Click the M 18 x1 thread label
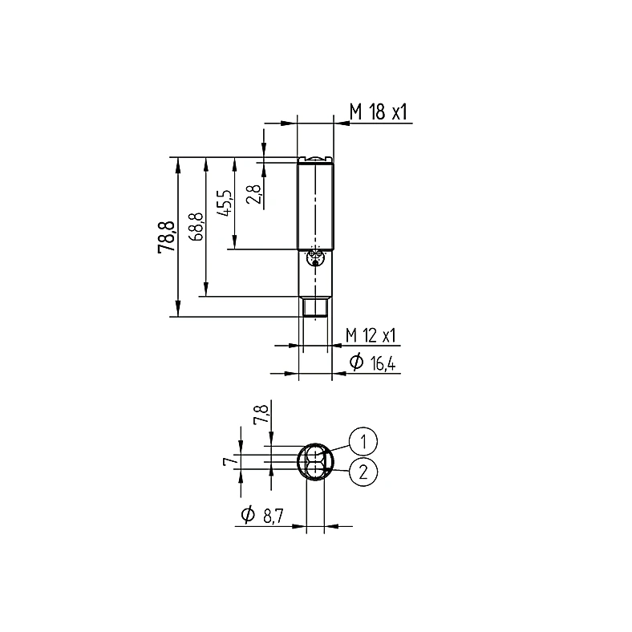coord(379,111)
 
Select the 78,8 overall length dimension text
coord(167,237)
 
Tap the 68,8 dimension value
coord(196,227)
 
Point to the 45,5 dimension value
coord(225,203)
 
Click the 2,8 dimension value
coord(254,194)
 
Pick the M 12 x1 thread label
coord(371,335)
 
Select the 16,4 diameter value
coord(383,364)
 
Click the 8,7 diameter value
coord(273,516)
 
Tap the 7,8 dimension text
coord(261,415)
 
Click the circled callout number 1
coord(363,441)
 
